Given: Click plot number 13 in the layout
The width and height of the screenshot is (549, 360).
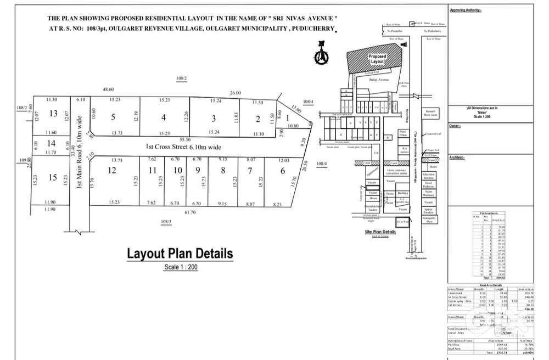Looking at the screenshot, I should tap(53, 114).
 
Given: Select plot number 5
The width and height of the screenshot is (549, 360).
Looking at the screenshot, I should tap(113, 117).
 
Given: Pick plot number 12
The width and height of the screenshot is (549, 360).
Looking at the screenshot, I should tap(112, 171).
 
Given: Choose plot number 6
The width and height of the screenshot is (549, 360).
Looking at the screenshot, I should tap(283, 171).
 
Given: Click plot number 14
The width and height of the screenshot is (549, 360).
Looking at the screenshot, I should tap(52, 143).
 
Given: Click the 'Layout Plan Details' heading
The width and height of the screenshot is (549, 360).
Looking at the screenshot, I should tap(180, 254).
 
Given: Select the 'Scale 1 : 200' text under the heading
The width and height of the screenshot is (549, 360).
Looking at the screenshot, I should tap(180, 267).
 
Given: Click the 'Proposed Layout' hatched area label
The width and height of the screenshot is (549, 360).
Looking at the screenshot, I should tap(377, 59).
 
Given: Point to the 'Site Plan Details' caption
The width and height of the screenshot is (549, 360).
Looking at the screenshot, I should tap(380, 232).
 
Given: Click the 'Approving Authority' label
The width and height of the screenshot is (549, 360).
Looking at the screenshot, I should tap(466, 10).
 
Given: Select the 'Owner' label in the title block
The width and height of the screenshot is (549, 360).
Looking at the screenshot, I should tap(455, 126).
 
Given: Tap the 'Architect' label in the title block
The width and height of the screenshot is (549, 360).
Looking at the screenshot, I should tap(457, 157).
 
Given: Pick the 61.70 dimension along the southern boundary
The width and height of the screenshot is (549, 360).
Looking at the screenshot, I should tap(190, 212).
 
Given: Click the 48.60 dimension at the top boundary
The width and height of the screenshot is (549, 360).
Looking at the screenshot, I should tap(108, 89).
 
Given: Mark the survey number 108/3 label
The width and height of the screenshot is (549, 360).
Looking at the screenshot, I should tap(166, 221).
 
